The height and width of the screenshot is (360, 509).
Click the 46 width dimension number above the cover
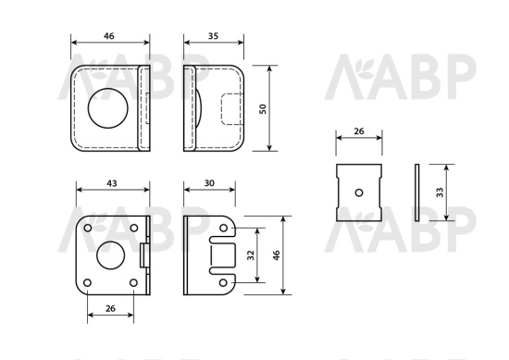[109, 36]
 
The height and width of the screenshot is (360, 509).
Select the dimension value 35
[213, 36]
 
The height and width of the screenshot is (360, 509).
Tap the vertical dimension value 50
[263, 109]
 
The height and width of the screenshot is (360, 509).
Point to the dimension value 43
[112, 183]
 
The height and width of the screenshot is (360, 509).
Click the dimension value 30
[209, 183]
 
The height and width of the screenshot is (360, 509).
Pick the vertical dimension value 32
[251, 255]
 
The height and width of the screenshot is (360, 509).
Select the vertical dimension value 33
[440, 192]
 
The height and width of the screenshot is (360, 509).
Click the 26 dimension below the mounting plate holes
[110, 308]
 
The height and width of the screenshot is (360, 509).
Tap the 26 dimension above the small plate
[359, 131]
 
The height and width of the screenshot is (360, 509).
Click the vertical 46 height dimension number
[277, 255]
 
